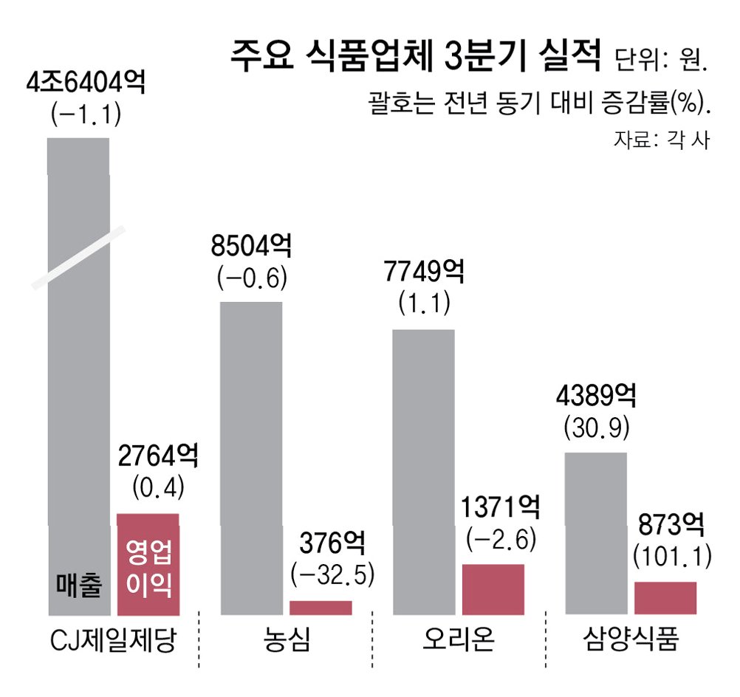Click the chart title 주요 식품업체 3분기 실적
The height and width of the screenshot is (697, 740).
pos(415,55)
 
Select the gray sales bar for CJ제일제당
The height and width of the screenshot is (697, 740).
pos(79,377)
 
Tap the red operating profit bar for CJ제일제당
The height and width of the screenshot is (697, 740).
pos(148,564)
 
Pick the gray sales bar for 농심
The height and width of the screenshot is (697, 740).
pos(252,459)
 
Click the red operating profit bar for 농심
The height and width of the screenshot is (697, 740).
pos(321,608)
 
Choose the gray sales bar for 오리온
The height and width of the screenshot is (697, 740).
pos(424,472)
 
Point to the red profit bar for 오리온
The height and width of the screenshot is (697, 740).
pos(493,589)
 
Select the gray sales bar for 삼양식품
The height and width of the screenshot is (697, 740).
pos(596,534)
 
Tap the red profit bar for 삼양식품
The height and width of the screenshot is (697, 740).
pos(665,598)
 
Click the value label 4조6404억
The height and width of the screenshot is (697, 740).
pos(86,83)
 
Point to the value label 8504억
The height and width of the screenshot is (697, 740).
pos(252,245)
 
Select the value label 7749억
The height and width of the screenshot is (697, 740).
pos(424,272)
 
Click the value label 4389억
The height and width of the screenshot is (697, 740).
pos(596,395)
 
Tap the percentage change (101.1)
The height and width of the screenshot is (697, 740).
pos(672,557)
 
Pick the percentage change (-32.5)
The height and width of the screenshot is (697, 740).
pos(332,574)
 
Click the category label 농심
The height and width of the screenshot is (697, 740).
pos(287,639)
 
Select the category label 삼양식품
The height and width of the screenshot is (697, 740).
pos(631,639)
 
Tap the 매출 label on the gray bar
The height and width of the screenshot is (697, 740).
pos(79,586)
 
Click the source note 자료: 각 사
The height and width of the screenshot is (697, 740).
pos(661,140)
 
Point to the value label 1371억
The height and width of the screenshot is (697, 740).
pos(500,507)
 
